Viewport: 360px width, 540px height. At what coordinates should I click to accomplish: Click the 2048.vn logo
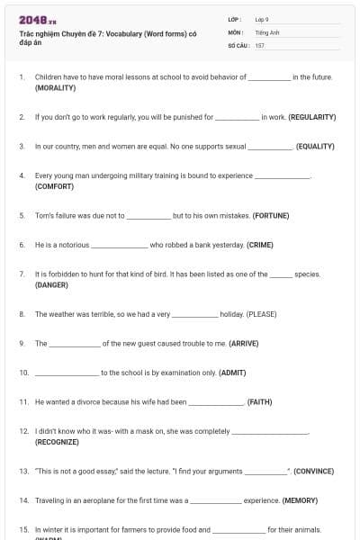[x=38, y=21]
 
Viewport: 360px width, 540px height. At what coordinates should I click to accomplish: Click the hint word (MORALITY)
[x=55, y=88]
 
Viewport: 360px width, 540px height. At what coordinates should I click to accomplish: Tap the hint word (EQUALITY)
[x=315, y=146]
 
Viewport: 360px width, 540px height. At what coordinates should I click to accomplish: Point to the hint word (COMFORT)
[x=55, y=186]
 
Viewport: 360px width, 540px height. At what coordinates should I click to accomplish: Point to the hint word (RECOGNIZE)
[x=58, y=442]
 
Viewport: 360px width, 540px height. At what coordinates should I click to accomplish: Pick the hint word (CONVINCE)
[x=313, y=471]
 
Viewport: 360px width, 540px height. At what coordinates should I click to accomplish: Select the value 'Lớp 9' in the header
[x=262, y=19]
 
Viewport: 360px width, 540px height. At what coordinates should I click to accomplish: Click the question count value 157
[x=260, y=45]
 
